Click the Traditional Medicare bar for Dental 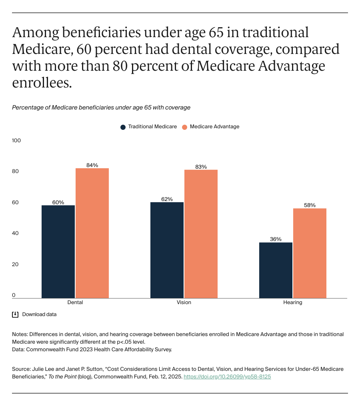(58, 251)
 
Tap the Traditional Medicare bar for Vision (167, 250)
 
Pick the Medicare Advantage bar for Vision (201, 234)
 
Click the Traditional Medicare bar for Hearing (276, 270)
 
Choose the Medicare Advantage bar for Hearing (310, 253)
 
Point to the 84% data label (92, 165)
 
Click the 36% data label (276, 239)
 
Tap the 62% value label (167, 199)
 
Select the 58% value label (310, 205)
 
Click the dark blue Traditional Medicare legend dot (123, 127)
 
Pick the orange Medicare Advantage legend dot (184, 127)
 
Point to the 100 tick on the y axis (16, 141)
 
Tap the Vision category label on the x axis (184, 303)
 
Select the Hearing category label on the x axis (293, 303)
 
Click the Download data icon (15, 314)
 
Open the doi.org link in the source (227, 376)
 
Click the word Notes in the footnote (19, 334)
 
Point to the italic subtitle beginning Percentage (101, 107)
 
